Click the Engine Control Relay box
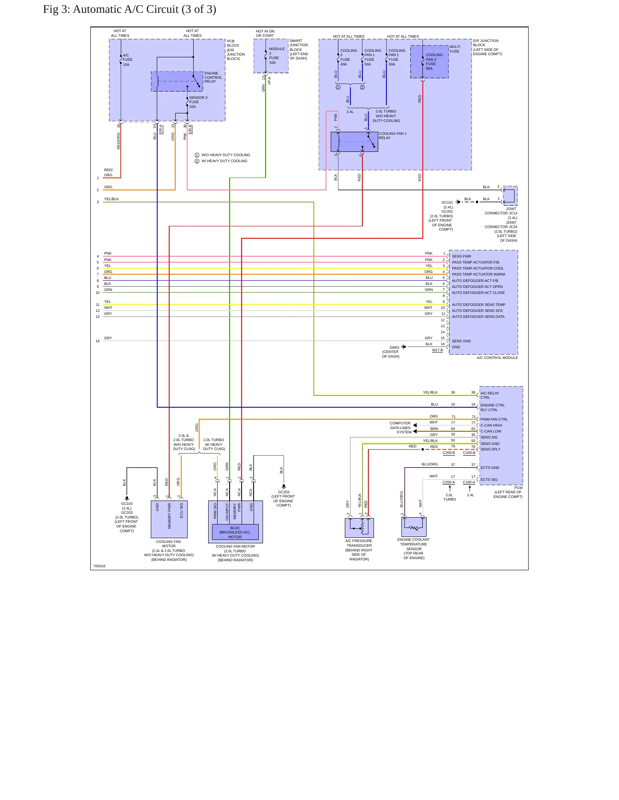(177, 81)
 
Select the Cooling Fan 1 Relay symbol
(354, 142)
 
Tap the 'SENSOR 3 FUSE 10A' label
(198, 102)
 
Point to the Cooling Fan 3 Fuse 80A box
(429, 62)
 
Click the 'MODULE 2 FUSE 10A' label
(276, 56)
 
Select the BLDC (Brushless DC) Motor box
(235, 532)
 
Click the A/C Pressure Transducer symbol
(359, 527)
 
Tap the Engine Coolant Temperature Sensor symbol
(414, 527)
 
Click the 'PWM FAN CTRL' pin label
(494, 420)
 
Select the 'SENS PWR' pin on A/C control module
(461, 257)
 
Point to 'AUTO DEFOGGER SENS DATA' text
(478, 317)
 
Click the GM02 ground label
(394, 348)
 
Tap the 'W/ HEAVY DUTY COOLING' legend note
(224, 161)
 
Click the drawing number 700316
(99, 566)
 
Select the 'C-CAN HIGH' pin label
(491, 426)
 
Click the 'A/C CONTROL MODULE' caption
(497, 358)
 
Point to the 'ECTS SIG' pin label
(489, 480)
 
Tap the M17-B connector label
(437, 350)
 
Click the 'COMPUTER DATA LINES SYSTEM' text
(400, 428)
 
